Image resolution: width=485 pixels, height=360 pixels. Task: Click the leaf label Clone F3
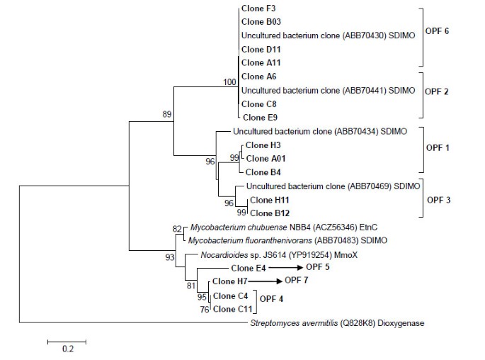(x=257, y=9)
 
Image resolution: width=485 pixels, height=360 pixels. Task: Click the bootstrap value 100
(x=229, y=83)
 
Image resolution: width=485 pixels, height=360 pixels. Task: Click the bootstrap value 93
(x=169, y=257)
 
